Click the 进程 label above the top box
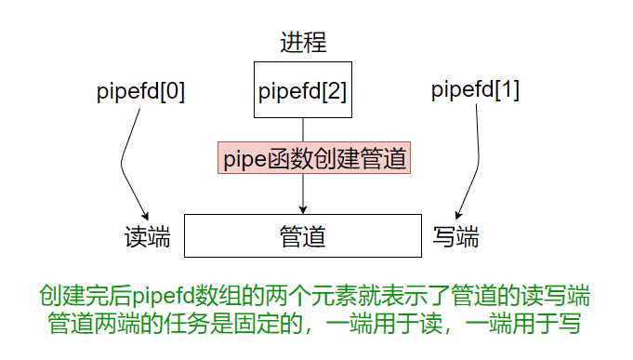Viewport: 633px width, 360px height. click(x=303, y=42)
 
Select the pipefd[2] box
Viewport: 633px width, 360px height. click(x=303, y=91)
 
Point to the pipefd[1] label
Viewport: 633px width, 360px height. click(x=476, y=91)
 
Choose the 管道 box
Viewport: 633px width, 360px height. click(x=303, y=235)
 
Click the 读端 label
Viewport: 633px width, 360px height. click(x=147, y=236)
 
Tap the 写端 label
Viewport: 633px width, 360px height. click(x=455, y=236)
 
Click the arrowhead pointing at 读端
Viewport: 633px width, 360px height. click(x=144, y=215)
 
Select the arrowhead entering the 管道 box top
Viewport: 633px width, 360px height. click(x=303, y=209)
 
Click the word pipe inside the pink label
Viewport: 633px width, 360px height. click(x=244, y=159)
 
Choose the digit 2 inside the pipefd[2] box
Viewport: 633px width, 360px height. click(x=335, y=91)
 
